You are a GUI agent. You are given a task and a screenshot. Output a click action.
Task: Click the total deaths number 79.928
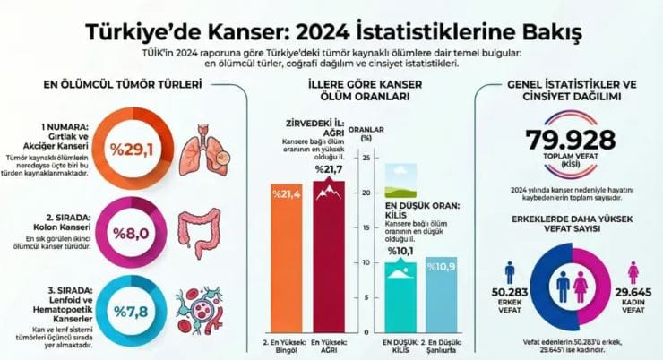click(x=571, y=141)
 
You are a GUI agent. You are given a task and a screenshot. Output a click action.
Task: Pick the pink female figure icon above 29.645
click(x=632, y=272)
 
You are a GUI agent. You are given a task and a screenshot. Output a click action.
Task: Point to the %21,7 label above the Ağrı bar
click(x=328, y=169)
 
